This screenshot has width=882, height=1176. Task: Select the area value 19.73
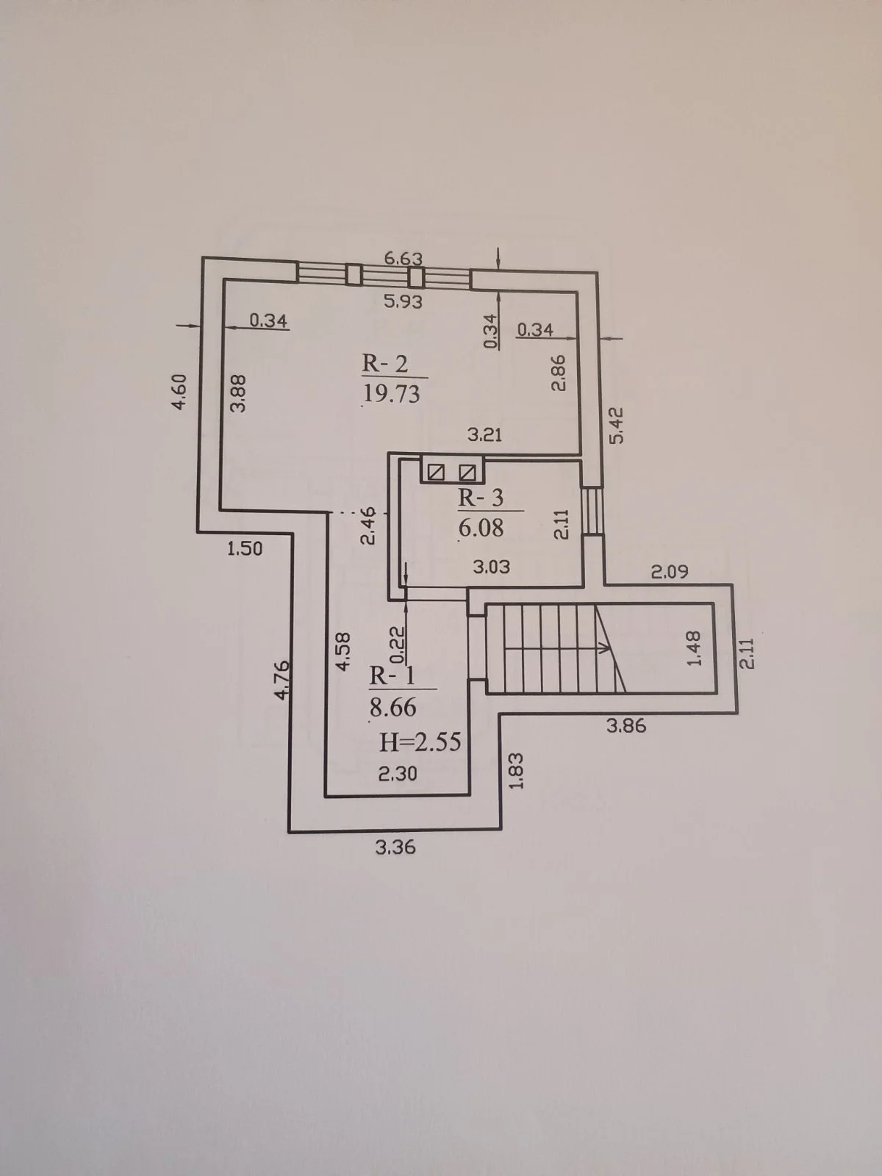tap(392, 394)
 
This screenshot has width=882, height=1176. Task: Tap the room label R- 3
tap(481, 498)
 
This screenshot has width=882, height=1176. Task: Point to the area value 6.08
tap(481, 528)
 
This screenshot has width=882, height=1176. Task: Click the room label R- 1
tap(392, 676)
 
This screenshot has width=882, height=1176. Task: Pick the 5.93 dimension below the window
tap(404, 302)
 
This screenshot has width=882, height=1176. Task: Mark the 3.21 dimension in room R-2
tap(484, 434)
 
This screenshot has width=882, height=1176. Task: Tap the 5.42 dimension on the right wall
tap(617, 426)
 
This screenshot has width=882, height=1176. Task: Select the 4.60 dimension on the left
tap(180, 392)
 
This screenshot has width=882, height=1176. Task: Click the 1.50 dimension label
tap(245, 549)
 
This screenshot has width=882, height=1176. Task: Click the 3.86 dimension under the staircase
tap(626, 726)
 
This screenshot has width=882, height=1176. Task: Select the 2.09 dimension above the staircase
tap(670, 572)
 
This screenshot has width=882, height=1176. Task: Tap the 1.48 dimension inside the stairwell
tap(694, 648)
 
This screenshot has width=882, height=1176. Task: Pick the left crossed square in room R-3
tap(435, 472)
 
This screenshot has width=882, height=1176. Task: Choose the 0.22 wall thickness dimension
tap(398, 645)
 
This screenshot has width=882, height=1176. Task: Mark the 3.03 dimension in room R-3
tap(492, 566)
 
